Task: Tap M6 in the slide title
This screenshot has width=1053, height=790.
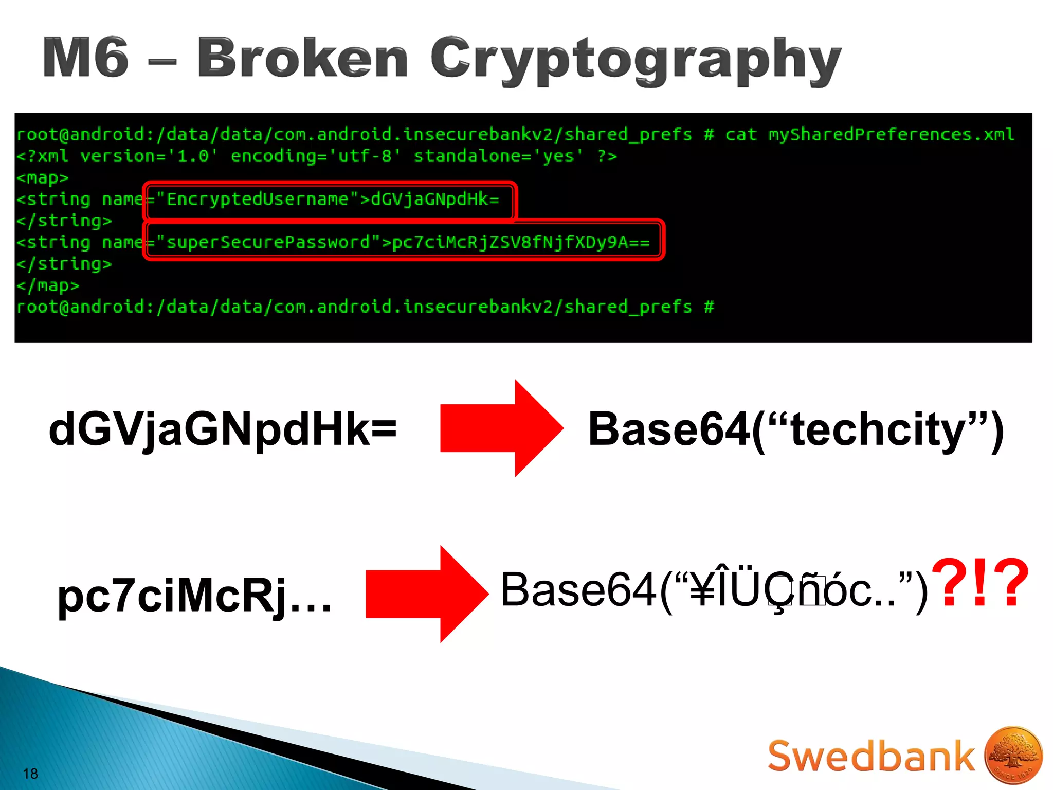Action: point(85,58)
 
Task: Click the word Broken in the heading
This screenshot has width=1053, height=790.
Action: point(302,58)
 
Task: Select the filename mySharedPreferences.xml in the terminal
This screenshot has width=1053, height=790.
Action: point(891,135)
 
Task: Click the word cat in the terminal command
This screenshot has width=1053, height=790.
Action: point(741,135)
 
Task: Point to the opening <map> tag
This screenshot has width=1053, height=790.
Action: point(42,178)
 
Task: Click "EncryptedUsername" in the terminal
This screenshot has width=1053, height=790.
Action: point(257,199)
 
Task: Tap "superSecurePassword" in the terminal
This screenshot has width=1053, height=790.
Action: point(268,242)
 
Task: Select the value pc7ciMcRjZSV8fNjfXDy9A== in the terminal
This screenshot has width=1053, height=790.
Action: point(520,242)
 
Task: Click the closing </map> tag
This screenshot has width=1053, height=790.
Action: point(47,285)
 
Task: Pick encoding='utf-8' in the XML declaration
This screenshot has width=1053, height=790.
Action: point(315,156)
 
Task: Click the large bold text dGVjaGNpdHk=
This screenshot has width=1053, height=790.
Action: point(223,429)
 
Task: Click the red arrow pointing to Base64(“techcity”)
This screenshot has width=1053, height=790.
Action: point(501,428)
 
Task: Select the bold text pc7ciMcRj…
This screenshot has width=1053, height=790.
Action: point(194,596)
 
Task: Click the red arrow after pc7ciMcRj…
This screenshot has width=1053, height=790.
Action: point(427,594)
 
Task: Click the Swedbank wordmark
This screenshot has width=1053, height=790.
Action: point(871,756)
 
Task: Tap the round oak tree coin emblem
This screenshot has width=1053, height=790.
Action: point(1013,755)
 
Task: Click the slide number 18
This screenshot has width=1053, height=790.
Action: point(30,774)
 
